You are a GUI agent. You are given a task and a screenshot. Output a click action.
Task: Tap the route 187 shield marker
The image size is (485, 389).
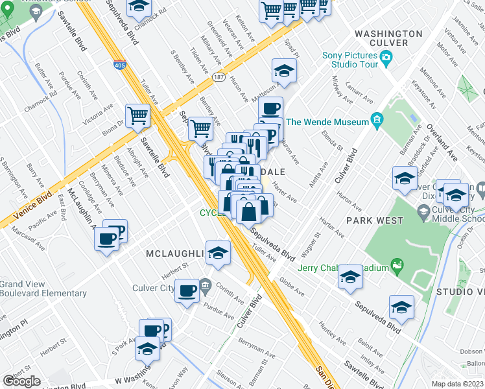tap(220, 77)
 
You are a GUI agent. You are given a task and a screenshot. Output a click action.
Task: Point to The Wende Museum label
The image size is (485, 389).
tap(327, 122)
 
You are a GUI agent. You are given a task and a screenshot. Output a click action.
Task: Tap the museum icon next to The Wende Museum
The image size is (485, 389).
tap(377, 121)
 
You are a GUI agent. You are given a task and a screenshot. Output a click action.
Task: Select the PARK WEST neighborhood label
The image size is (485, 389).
tap(374, 220)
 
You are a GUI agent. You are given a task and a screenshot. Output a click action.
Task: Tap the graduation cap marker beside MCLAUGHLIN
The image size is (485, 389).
tap(219, 253)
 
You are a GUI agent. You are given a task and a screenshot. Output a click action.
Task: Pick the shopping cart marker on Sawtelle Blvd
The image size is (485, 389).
tap(138, 117)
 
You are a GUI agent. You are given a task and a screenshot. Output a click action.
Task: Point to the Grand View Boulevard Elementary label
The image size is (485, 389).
tap(43, 289)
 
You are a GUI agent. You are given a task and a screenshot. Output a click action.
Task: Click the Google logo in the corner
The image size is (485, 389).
tap(21, 381)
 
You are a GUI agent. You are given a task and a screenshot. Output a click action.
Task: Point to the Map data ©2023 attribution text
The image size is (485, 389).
tap(456, 384)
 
